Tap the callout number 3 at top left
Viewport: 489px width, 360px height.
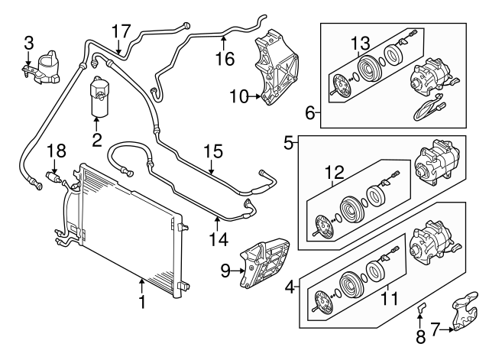pos(28,41)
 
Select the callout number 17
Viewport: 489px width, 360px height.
pos(121,31)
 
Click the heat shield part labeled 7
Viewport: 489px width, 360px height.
pos(465,316)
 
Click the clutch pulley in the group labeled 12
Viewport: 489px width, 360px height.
pos(354,209)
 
